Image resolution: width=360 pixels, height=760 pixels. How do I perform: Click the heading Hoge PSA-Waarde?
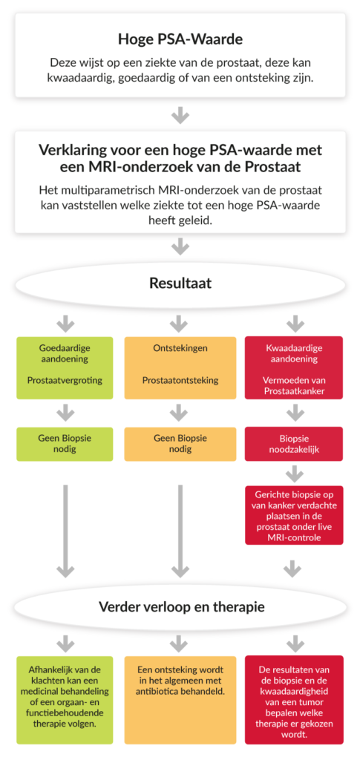180,39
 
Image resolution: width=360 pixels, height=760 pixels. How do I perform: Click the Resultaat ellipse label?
180,283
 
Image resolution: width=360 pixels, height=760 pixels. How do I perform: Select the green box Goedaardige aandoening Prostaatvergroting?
65,368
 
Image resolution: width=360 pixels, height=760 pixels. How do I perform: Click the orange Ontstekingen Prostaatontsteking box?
180,368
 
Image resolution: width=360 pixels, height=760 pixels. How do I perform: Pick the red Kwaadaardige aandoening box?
295,368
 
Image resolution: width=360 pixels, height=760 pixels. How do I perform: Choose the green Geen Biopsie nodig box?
65,444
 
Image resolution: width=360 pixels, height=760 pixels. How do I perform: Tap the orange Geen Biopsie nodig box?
180,444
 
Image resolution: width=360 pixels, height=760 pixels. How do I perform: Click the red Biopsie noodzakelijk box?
295,444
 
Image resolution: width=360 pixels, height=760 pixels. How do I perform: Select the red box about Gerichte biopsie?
295,515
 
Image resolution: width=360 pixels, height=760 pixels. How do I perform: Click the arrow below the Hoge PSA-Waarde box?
180,116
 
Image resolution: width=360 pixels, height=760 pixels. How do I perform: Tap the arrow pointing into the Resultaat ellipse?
180,246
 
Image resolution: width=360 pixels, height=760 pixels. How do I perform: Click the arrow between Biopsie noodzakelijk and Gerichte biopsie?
292,474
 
